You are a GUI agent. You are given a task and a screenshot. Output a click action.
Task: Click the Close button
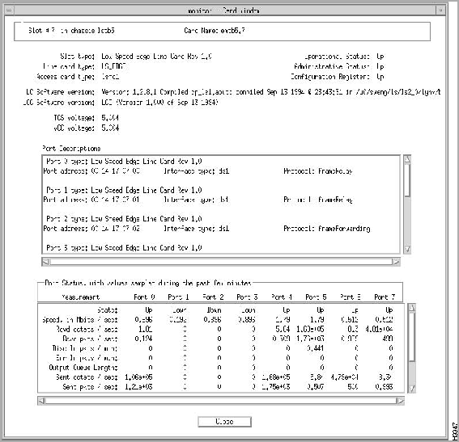(x=226, y=421)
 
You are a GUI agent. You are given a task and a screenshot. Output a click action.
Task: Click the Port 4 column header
(x=283, y=297)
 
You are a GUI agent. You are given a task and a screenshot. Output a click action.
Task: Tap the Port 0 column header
(x=145, y=297)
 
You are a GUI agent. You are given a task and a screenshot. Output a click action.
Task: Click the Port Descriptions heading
(x=72, y=149)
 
